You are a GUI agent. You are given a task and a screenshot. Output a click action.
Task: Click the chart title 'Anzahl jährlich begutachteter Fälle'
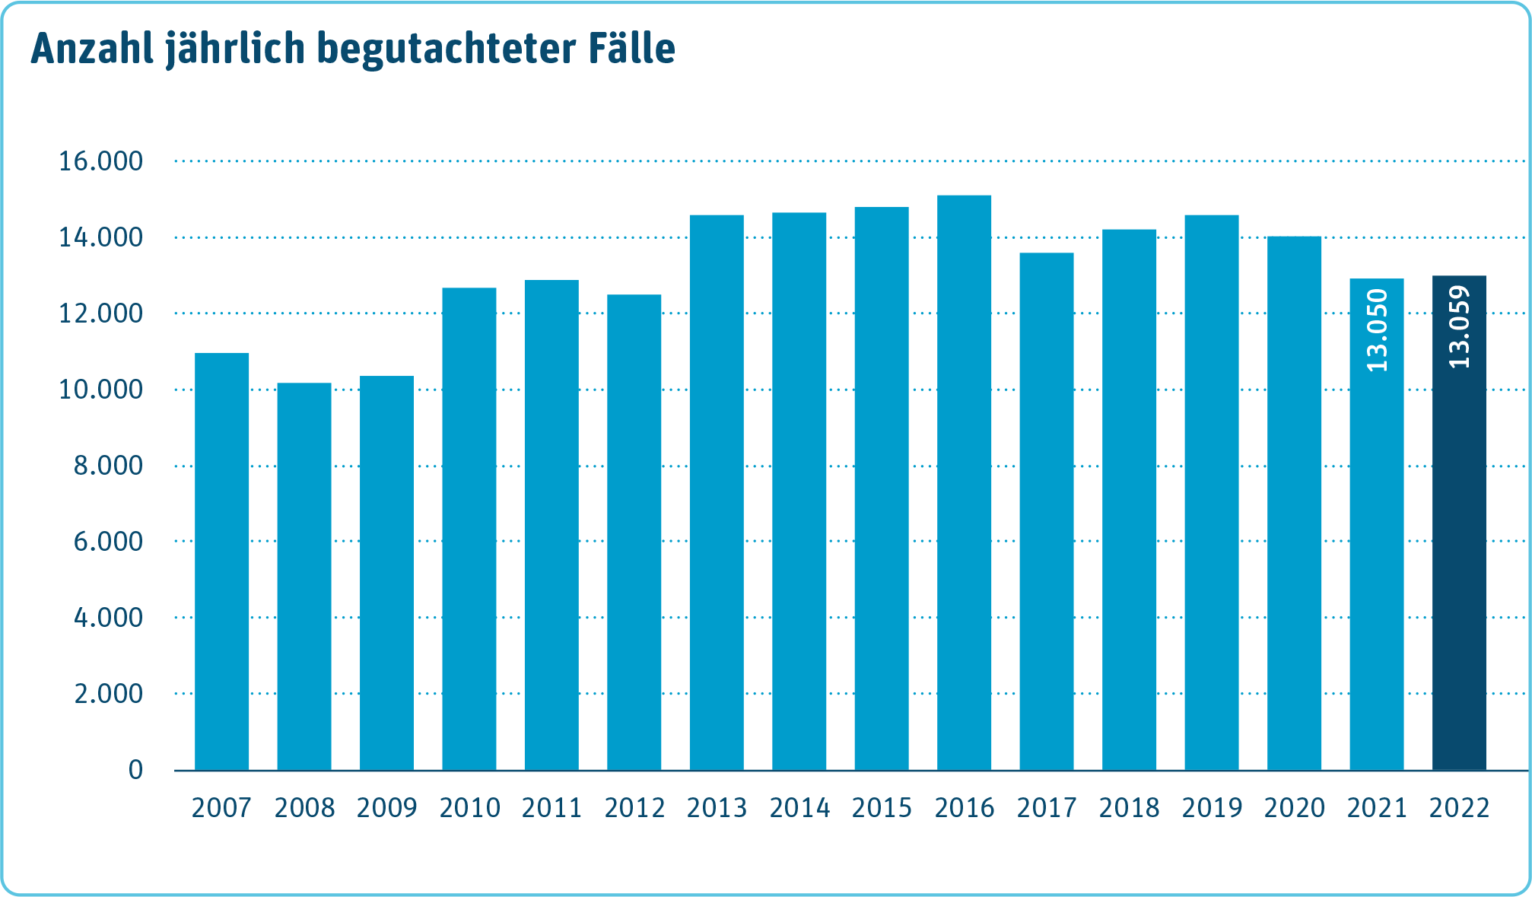pyautogui.click(x=353, y=49)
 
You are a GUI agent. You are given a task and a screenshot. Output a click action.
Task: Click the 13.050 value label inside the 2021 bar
pyautogui.click(x=1378, y=331)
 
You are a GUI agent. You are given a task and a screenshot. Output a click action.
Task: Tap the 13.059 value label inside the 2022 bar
pyautogui.click(x=1460, y=327)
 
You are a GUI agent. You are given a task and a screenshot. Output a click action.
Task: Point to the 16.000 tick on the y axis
pyautogui.click(x=101, y=161)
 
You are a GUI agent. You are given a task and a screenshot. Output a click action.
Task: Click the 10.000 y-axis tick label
pyautogui.click(x=101, y=390)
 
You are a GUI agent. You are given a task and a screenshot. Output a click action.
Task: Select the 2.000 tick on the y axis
pyautogui.click(x=108, y=694)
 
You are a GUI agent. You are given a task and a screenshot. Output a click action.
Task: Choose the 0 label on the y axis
pyautogui.click(x=135, y=770)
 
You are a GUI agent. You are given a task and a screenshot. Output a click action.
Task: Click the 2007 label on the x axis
pyautogui.click(x=221, y=808)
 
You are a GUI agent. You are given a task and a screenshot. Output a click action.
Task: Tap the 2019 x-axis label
pyautogui.click(x=1212, y=808)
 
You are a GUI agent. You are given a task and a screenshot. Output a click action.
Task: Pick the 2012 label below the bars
pyautogui.click(x=634, y=808)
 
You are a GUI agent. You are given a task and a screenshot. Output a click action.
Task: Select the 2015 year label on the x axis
pyautogui.click(x=882, y=808)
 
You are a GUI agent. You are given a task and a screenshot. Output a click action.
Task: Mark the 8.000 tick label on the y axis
pyautogui.click(x=108, y=466)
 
